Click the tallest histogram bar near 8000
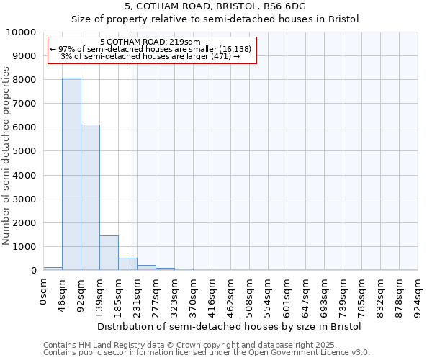point(71,174)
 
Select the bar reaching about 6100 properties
point(90,197)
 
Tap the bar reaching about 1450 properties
point(109,253)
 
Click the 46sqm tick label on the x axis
point(62,293)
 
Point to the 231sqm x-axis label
point(137,294)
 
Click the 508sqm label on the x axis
point(249,294)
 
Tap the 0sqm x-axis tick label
point(43,291)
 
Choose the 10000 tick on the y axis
point(22,32)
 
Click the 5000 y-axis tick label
point(24,151)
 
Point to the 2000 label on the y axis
point(24,222)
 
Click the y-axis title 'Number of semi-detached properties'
point(6,156)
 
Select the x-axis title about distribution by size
point(228,326)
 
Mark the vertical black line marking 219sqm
point(132,166)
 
